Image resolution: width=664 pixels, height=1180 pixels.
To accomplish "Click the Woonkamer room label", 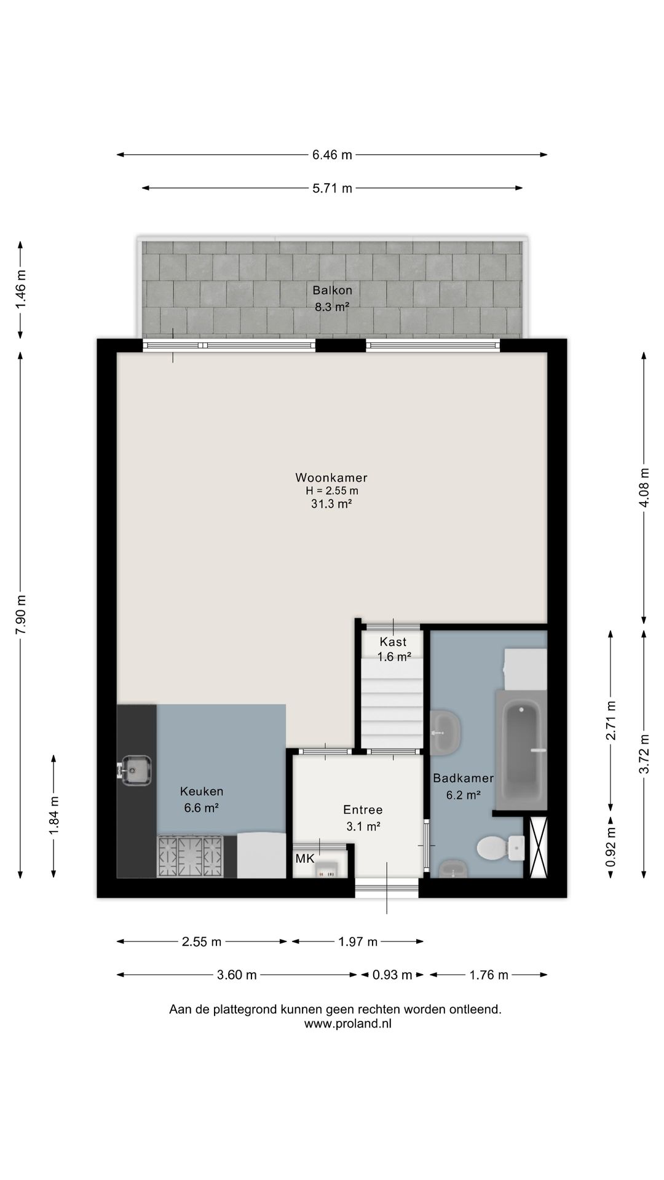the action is point(331,478).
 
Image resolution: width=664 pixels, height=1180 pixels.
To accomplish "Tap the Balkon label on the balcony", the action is point(332,290).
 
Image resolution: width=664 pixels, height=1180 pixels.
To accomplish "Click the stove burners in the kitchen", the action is point(191,856).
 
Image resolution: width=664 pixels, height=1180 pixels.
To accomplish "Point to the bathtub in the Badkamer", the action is point(521,749).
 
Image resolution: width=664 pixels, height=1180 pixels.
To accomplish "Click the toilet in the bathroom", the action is point(500,848).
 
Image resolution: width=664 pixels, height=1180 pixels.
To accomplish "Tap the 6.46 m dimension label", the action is point(332,155).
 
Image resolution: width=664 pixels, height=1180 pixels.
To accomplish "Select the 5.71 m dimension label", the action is point(332,188).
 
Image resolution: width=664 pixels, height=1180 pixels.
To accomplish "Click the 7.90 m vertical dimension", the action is point(21,615).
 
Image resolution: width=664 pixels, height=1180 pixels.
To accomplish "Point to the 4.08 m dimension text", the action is point(644,488).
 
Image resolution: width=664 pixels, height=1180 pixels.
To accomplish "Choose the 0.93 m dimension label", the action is point(392,975).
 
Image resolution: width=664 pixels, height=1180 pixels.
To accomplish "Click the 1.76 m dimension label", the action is point(489,975).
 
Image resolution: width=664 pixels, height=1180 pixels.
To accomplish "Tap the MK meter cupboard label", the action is point(305,859).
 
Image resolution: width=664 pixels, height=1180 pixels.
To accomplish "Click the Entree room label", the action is point(363,810).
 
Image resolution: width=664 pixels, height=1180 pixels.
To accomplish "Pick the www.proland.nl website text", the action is point(348,1024).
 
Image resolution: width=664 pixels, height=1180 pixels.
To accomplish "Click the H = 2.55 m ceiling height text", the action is point(332,491).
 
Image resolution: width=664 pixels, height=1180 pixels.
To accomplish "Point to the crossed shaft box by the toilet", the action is point(538,847).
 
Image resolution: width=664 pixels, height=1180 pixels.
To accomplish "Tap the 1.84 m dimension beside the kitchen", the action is point(55,816).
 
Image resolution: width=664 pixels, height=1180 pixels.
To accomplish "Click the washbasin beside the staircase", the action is point(445,733).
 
